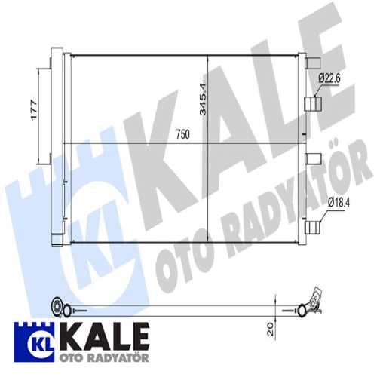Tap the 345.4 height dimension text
coord(201,98)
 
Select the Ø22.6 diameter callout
coord(329,77)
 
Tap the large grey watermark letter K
coord(170,136)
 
